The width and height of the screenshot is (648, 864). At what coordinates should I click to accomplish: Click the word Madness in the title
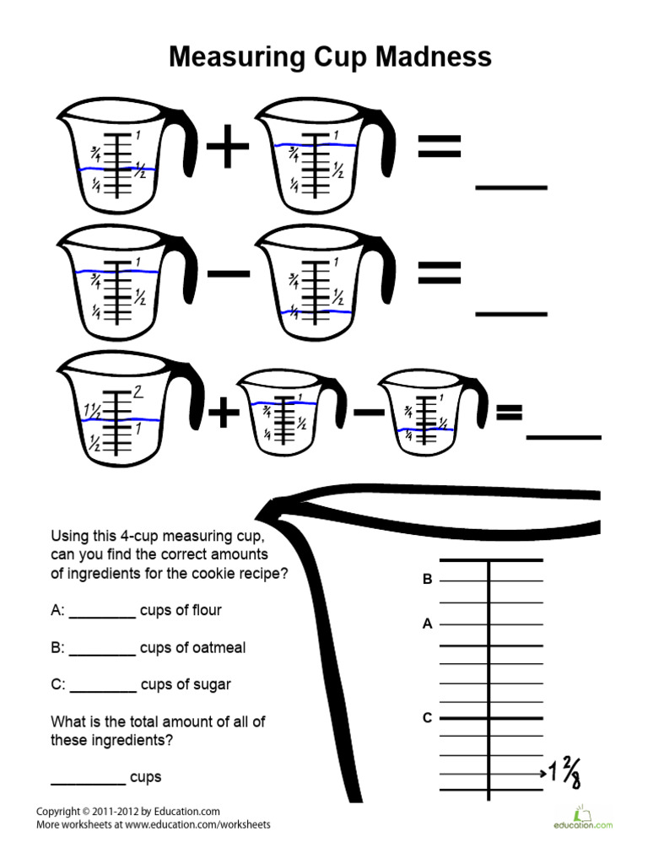tap(427, 57)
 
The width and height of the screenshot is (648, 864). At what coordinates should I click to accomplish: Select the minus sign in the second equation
tap(227, 273)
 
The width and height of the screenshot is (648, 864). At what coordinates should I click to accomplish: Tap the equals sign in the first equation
tap(439, 150)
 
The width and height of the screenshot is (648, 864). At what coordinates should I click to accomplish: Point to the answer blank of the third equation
tap(564, 437)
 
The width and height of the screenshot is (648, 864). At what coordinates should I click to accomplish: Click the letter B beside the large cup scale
tap(428, 580)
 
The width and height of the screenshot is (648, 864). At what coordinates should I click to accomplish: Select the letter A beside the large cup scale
tap(428, 625)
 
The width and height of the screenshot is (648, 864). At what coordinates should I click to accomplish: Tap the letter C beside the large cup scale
tap(428, 718)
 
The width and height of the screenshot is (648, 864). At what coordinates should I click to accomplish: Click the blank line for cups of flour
tap(102, 617)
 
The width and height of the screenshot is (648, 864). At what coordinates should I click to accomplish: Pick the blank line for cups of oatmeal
tap(102, 654)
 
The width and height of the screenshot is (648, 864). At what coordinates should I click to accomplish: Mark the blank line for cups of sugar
tap(102, 691)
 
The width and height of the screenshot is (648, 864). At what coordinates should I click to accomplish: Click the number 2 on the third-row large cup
tap(139, 392)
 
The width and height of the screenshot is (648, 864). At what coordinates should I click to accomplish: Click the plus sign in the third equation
tap(223, 414)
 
